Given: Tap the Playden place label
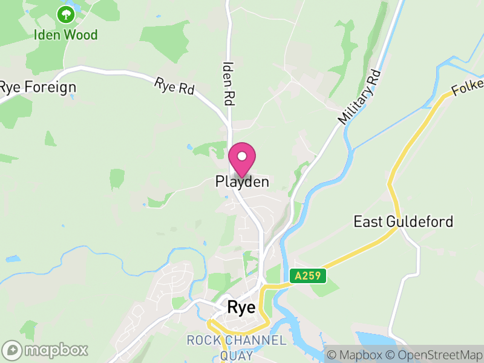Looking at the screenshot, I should (242, 181).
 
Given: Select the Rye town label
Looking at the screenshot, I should (241, 307).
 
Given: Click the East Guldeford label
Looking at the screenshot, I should (403, 221).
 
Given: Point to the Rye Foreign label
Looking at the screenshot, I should (38, 87).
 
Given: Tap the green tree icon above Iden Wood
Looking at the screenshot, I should (65, 13).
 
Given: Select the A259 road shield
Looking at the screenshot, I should (308, 276).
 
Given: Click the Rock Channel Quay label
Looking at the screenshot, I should (236, 348).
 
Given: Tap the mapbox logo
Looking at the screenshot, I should (45, 350).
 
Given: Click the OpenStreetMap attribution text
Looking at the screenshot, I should (435, 355).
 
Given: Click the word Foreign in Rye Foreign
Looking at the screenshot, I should (51, 87).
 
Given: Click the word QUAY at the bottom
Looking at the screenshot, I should (236, 356).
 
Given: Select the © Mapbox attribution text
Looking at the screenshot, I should (355, 355).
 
